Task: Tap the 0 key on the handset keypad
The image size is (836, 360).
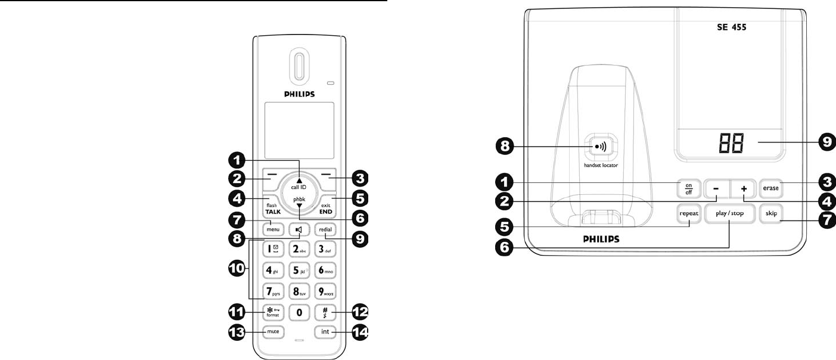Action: tap(299, 311)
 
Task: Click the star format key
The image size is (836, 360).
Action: tap(274, 311)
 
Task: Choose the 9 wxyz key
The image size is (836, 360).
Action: tap(325, 291)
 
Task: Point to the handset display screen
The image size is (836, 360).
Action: tap(299, 130)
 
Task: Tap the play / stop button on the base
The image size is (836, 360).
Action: tap(729, 213)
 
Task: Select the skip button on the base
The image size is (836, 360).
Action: tap(771, 213)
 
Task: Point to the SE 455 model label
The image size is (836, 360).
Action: tap(732, 27)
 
